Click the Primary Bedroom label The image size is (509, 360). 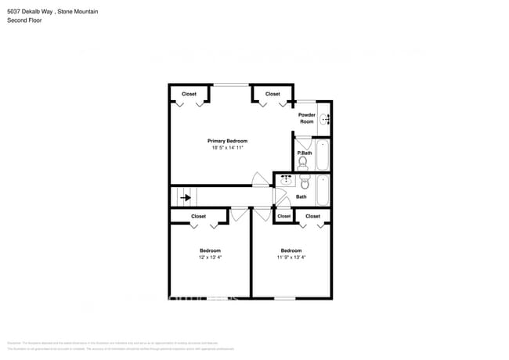tap(227, 141)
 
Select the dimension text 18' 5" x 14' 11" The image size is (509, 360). tap(227, 148)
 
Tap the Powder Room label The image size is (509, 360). tap(307, 118)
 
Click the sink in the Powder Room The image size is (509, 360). tap(327, 120)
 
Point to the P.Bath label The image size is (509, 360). tap(305, 153)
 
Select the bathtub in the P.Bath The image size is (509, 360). tap(323, 155)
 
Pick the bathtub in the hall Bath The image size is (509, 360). tap(323, 189)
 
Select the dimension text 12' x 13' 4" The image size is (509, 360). tap(210, 257)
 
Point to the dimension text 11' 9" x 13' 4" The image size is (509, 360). tap(292, 257)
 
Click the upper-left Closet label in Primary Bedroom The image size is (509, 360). tap(189, 94)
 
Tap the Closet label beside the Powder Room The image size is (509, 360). tap(273, 94)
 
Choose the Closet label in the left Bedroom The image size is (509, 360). tap(199, 216)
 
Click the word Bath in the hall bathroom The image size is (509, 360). tap(301, 197)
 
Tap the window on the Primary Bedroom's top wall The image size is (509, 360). tap(227, 85)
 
